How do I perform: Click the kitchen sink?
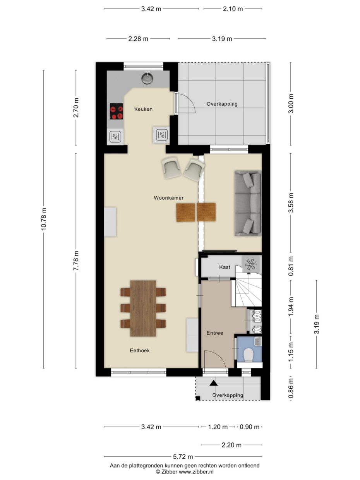pyautogui.click(x=147, y=78)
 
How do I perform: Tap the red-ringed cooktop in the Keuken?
pyautogui.click(x=116, y=111)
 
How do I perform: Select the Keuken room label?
pyautogui.click(x=143, y=109)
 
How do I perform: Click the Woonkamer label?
pyautogui.click(x=168, y=198)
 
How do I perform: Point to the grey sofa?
pyautogui.click(x=248, y=203)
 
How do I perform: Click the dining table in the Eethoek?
pyautogui.click(x=143, y=309)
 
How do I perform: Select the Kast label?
pyautogui.click(x=225, y=267)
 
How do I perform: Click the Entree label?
pyautogui.click(x=214, y=333)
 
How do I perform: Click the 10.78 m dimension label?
pyautogui.click(x=43, y=219)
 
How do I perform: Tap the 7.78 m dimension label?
pyautogui.click(x=76, y=261)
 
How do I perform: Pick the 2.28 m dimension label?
pyautogui.click(x=138, y=39)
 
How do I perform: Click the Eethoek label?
pyautogui.click(x=140, y=351)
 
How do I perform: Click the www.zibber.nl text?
pyautogui.click(x=196, y=471)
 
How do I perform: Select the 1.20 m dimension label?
pyautogui.click(x=218, y=427)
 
